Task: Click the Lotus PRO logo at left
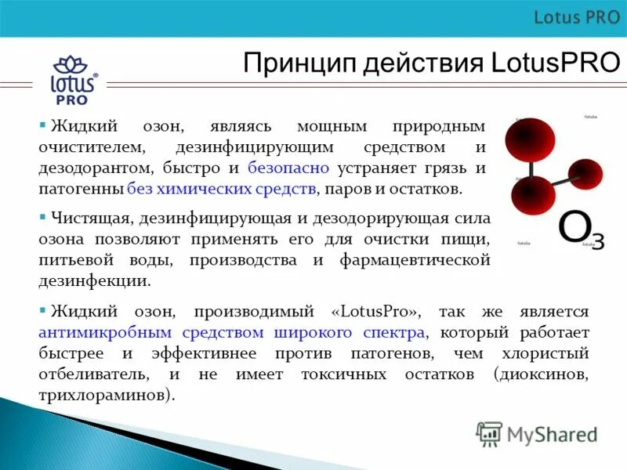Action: coord(74,79)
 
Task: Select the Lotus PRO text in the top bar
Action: coord(576,17)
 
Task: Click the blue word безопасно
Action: coord(288,168)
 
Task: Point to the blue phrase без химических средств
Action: coord(222,189)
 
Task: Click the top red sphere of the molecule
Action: coord(530,140)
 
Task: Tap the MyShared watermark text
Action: coord(552,433)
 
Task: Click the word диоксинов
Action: coord(545,374)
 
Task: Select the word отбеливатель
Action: coord(92,374)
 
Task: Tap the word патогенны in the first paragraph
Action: coord(82,189)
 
